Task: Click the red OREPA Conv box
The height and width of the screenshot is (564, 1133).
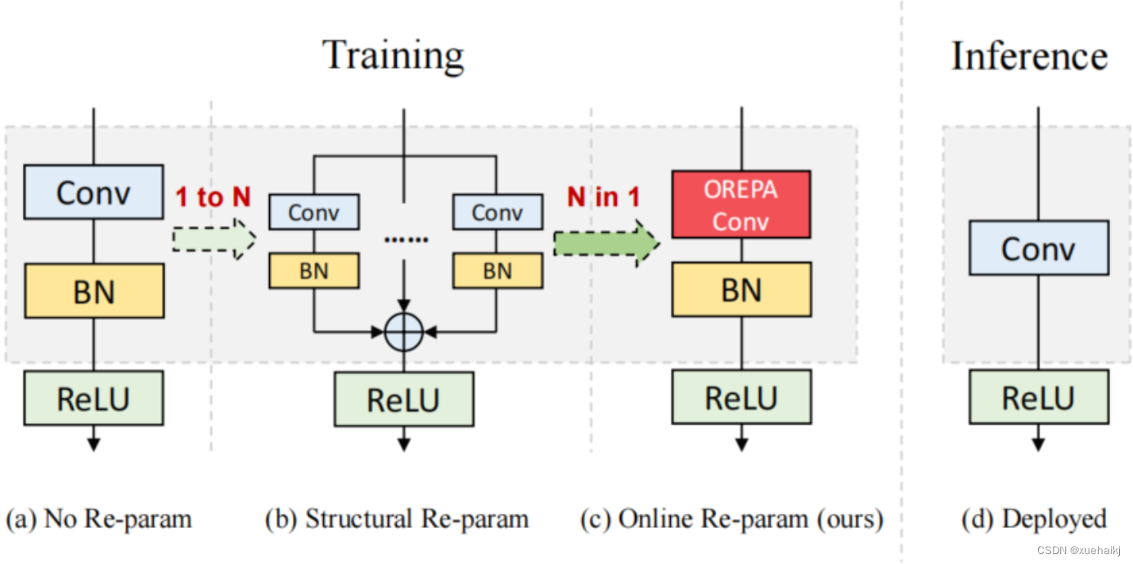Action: [741, 205]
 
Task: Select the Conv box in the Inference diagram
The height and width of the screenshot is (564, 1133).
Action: [1038, 247]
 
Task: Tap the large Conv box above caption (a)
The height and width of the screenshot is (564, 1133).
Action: [93, 192]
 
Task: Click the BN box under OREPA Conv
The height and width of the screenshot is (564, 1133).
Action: [741, 290]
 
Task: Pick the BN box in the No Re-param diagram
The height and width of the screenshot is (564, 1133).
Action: [94, 291]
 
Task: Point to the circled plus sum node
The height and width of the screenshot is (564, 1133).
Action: [404, 332]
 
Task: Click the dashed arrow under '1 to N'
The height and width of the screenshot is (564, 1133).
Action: [214, 238]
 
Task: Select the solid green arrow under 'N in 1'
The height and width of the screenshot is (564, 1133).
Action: [605, 242]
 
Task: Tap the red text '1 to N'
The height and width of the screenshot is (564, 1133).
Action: [212, 197]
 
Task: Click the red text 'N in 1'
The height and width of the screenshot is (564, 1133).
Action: [605, 197]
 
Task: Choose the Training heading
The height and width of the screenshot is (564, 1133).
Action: [393, 56]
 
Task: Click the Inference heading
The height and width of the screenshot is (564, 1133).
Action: [1029, 56]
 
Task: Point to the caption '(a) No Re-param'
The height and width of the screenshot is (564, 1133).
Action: [99, 519]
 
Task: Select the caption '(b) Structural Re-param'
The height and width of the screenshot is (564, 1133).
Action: [397, 519]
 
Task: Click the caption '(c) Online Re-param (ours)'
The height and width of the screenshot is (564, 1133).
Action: [731, 519]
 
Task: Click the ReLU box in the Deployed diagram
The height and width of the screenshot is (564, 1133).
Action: [1038, 398]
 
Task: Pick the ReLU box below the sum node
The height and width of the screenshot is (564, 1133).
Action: [403, 399]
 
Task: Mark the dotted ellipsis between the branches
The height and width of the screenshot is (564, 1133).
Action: [406, 240]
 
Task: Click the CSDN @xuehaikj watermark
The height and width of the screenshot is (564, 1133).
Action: [1078, 551]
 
